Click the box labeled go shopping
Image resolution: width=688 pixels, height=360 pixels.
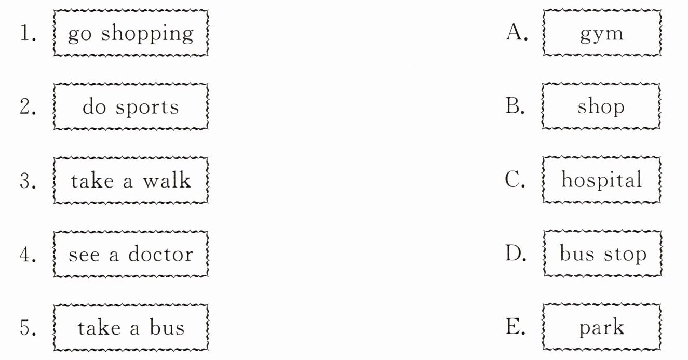pyautogui.click(x=131, y=33)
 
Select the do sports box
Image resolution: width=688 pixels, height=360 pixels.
pyautogui.click(x=131, y=107)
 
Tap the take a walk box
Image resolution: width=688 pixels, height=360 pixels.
pyautogui.click(x=131, y=180)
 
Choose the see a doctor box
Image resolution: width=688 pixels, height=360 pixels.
pyautogui.click(x=131, y=254)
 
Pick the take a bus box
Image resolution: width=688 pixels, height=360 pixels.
pyautogui.click(x=131, y=328)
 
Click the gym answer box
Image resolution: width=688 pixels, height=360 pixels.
pyautogui.click(x=601, y=33)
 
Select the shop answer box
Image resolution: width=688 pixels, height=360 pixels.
pyautogui.click(x=601, y=107)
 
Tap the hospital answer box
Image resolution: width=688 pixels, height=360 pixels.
pyautogui.click(x=601, y=180)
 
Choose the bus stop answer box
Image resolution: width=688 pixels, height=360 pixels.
pyautogui.click(x=602, y=254)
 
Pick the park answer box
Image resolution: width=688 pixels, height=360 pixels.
pyautogui.click(x=601, y=328)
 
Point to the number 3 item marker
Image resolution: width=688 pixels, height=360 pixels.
pyautogui.click(x=27, y=181)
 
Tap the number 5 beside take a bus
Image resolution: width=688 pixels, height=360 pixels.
pyautogui.click(x=27, y=328)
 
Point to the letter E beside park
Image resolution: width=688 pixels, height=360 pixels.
pyautogui.click(x=515, y=328)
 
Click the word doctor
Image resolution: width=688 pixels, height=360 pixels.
pyautogui.click(x=160, y=254)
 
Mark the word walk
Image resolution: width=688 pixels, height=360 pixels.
pyautogui.click(x=167, y=180)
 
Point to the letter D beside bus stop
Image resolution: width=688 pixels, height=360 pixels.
pyautogui.click(x=516, y=254)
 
